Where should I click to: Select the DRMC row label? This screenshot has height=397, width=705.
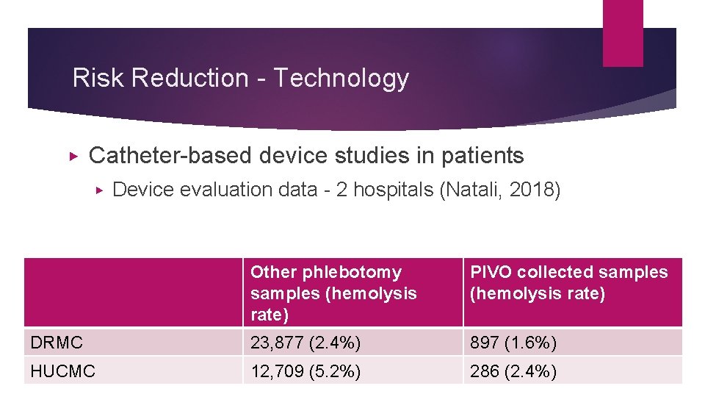[x=57, y=343]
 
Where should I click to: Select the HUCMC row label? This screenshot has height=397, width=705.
[x=63, y=371]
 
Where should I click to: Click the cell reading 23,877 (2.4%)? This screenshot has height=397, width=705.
[x=305, y=343]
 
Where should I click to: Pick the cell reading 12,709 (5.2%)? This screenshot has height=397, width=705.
[x=305, y=371]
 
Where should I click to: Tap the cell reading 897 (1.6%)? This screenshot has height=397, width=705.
[x=513, y=343]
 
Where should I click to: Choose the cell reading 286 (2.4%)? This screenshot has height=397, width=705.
[x=513, y=371]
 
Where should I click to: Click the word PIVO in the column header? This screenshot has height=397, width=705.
[x=491, y=273]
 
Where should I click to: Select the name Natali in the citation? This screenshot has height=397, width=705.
[x=471, y=190]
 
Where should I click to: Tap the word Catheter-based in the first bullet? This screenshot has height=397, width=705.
[x=170, y=156]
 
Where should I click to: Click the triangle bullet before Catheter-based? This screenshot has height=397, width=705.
[x=72, y=156]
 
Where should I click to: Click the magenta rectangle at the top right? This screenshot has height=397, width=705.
[x=623, y=33]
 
